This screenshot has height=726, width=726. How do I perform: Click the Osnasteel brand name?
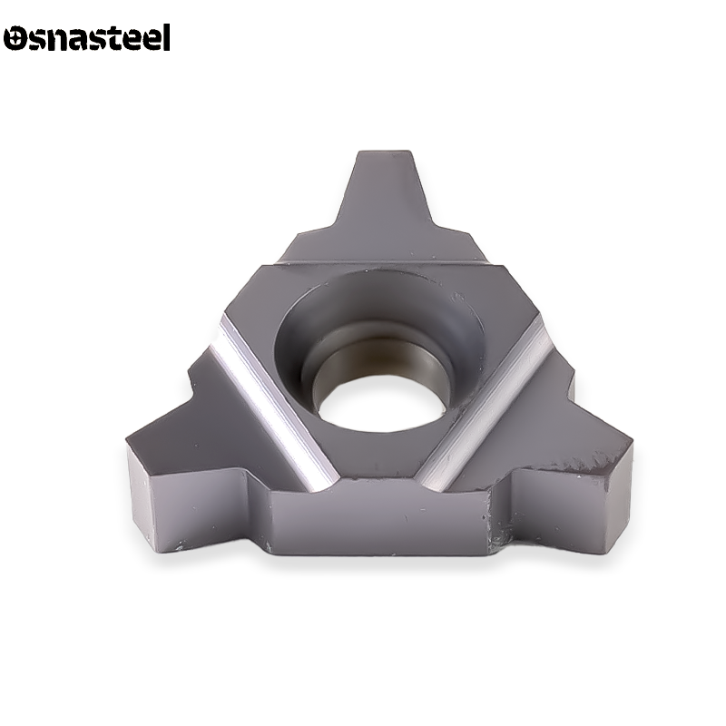(x=87, y=38)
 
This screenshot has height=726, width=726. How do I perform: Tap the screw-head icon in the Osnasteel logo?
(x=15, y=39)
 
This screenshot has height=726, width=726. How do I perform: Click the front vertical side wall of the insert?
(x=381, y=526)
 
